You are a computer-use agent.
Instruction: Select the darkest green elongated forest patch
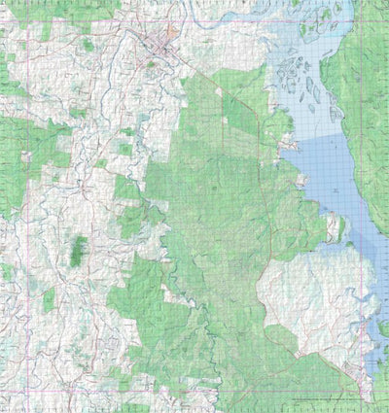point(78,251)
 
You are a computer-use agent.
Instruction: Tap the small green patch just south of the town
point(151,65)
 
